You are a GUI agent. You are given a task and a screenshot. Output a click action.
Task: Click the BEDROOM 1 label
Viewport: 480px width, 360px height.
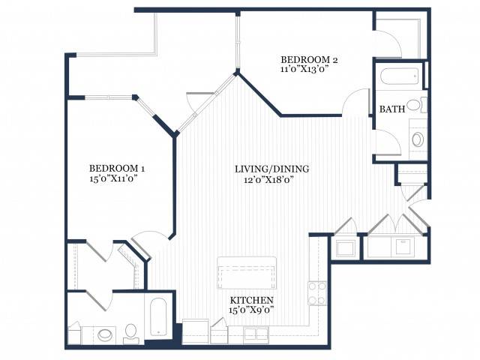(x=117, y=168)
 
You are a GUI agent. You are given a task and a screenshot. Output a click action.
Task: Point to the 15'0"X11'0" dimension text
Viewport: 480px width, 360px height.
(x=113, y=178)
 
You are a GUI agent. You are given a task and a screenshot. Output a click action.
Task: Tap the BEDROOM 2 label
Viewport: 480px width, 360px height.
(x=309, y=59)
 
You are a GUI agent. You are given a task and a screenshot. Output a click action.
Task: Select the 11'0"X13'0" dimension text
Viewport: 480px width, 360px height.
(x=304, y=69)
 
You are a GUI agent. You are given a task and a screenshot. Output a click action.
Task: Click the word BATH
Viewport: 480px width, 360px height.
(x=392, y=109)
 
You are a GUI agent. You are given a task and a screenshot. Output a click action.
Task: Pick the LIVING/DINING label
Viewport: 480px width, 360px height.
(x=271, y=169)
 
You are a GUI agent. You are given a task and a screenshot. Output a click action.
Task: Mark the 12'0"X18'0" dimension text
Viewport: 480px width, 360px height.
(x=269, y=180)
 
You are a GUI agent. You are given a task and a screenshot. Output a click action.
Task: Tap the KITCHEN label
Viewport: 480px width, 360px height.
(x=252, y=300)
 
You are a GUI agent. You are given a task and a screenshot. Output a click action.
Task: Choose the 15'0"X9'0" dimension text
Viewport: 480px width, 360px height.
(x=251, y=310)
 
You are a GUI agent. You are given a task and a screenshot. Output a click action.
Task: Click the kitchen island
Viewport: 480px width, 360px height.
(x=247, y=273)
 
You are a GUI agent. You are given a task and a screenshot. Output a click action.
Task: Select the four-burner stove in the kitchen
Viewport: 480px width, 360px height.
(x=317, y=293)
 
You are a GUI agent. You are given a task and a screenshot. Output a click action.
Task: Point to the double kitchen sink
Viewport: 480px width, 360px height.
(x=256, y=334)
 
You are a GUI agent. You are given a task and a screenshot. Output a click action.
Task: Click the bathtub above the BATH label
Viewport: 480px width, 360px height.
(x=400, y=76)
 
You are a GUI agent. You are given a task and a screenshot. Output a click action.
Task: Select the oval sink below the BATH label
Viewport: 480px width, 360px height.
(x=418, y=139)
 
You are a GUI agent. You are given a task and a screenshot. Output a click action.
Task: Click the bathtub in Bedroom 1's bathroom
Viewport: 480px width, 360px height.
(x=158, y=316)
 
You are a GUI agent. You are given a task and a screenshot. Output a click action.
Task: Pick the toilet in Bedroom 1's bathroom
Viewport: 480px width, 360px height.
(x=131, y=333)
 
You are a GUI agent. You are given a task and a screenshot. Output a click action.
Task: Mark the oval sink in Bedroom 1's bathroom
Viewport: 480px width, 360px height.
(x=105, y=334)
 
